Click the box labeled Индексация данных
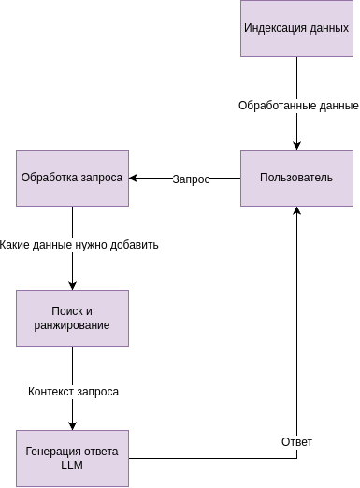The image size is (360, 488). [296, 28]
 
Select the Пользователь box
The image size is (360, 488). [296, 178]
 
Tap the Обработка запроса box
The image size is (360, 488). [72, 178]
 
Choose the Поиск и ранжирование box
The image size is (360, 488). [72, 318]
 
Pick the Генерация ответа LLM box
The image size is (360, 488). [72, 458]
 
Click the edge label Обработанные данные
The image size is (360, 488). [298, 105]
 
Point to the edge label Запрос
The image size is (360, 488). [191, 179]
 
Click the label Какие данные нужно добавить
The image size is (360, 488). [79, 245]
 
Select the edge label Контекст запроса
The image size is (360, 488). [73, 391]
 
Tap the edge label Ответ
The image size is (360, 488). [296, 441]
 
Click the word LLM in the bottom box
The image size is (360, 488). [72, 466]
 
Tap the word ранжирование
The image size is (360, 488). [72, 325]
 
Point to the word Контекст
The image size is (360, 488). [51, 391]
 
